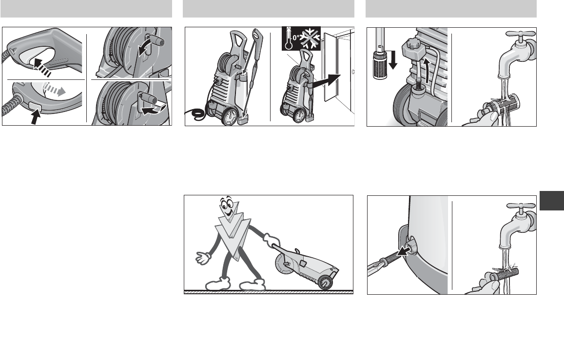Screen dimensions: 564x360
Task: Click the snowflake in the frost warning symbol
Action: [310, 38]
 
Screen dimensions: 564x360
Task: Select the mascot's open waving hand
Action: [203, 257]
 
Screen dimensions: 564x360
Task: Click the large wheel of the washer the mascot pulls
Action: [285, 264]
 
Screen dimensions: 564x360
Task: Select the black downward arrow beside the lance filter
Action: [393, 59]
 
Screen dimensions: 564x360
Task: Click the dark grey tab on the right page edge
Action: [552, 201]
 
